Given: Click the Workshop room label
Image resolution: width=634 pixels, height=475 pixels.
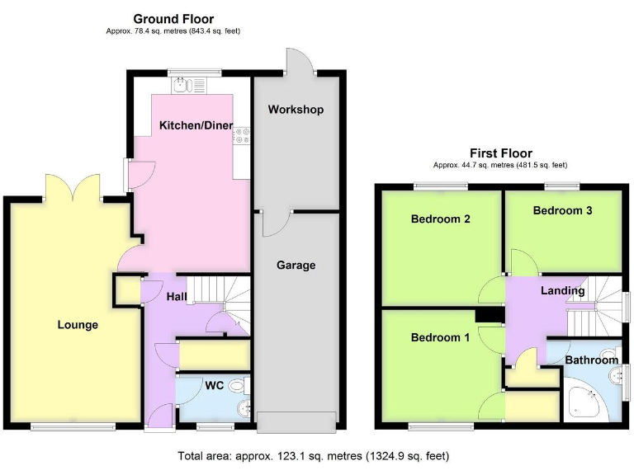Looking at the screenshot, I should [x=296, y=110].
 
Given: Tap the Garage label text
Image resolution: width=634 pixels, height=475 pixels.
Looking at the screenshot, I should [x=296, y=266].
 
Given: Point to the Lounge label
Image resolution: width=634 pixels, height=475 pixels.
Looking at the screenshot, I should [x=78, y=325].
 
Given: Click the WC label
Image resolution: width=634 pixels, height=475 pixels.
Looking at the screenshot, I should [x=214, y=385].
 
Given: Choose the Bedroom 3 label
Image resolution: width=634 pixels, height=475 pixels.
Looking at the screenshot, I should [x=562, y=211].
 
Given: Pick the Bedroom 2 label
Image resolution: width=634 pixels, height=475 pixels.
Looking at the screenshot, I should [x=440, y=219].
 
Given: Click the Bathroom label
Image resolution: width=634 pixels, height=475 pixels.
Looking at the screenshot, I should [x=591, y=360].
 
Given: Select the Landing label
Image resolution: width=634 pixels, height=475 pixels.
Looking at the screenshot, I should [x=562, y=291].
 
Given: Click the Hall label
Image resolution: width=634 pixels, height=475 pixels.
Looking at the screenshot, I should [x=177, y=297].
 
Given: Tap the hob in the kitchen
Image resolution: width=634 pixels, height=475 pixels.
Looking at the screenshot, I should [x=242, y=136].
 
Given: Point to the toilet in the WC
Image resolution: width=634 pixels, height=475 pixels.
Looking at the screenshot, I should [x=238, y=385].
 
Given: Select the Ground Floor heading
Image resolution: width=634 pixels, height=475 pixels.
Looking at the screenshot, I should [x=173, y=19].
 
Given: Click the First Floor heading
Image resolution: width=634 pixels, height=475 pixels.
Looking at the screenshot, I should [x=501, y=153].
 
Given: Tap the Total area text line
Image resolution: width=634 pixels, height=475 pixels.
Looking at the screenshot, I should [x=314, y=456].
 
